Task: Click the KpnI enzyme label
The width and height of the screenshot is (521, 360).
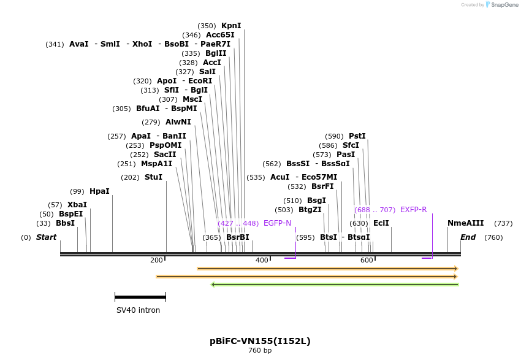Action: coord(231,26)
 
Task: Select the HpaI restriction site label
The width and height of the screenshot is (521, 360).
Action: coord(99,191)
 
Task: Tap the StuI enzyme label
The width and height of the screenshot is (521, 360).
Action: coord(153,177)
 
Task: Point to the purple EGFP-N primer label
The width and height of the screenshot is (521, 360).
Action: coord(277,223)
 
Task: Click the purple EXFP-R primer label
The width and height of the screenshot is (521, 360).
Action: coord(413,210)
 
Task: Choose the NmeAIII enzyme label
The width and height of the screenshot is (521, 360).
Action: coord(465,223)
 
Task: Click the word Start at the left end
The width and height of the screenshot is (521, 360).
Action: coord(46,237)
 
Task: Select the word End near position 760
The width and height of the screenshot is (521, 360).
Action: coord(468,237)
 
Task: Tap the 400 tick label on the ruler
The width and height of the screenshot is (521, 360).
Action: coord(262,261)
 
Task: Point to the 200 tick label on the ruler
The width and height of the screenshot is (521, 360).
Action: coord(156,261)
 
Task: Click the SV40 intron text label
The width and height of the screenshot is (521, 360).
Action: coord(138,310)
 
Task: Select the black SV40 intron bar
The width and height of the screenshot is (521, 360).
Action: coord(140,297)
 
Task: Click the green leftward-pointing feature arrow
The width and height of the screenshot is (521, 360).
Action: coord(335,285)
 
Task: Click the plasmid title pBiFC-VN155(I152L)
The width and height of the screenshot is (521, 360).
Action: coord(260,341)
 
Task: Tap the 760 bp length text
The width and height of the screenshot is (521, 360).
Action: coord(260,351)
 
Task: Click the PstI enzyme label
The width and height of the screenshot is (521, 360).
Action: coord(357,136)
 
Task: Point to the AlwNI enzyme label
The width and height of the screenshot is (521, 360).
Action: coord(178,122)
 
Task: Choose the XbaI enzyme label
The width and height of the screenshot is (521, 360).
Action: coord(77,205)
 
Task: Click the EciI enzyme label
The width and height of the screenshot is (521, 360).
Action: coord(381,223)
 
